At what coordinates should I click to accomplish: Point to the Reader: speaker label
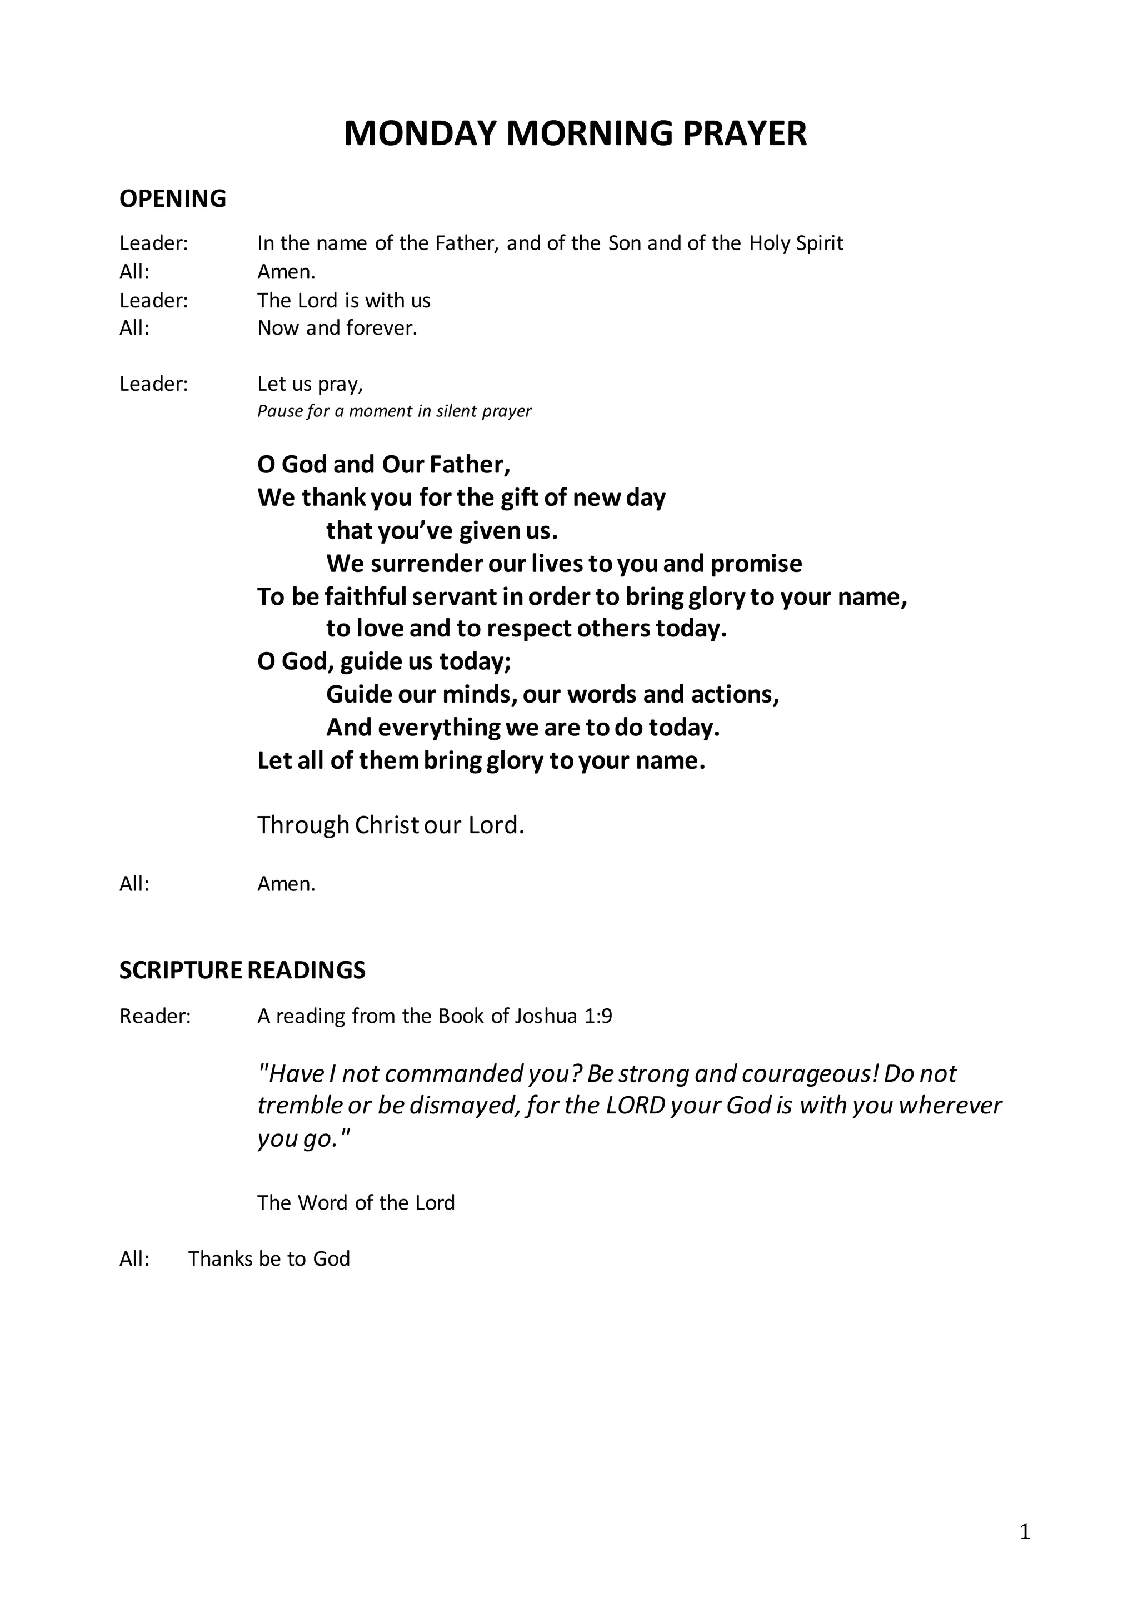[x=155, y=1016]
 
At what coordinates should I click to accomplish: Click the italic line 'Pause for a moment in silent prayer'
[x=394, y=411]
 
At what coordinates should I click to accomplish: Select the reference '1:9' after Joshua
[x=597, y=1016]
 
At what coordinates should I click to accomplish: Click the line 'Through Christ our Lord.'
[x=390, y=824]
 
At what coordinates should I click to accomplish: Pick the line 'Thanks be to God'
[x=269, y=1258]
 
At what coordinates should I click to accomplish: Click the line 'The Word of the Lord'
[x=356, y=1203]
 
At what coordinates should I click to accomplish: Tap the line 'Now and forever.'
[x=337, y=328]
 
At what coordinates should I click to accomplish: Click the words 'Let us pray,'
[x=310, y=384]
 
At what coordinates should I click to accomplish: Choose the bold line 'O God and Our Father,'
[x=384, y=464]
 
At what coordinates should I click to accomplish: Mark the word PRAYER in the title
[x=744, y=133]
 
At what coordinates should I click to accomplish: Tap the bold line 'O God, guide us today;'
[x=384, y=661]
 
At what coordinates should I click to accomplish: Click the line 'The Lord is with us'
[x=343, y=301]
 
